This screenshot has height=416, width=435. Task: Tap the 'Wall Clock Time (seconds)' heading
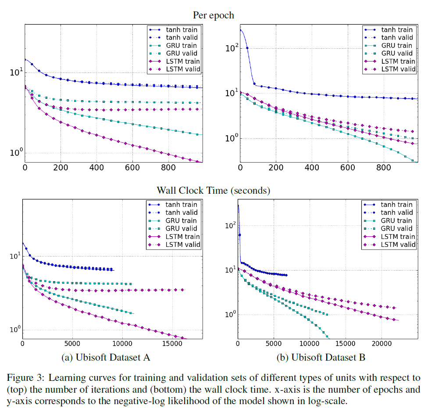[214, 191]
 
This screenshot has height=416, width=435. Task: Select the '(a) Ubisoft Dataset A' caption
[106, 358]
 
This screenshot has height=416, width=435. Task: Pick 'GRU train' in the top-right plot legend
[396, 46]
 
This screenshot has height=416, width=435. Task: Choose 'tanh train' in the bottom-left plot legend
[181, 205]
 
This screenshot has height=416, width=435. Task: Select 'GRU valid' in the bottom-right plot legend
[396, 228]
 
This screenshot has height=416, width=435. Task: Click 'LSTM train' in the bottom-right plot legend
[396, 236]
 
